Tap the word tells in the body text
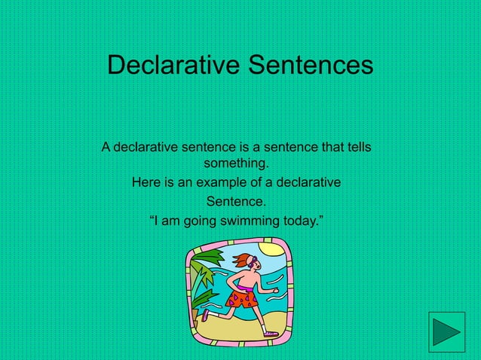click(355, 146)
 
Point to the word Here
click(146, 182)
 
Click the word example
click(222, 182)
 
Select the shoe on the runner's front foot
click(271, 332)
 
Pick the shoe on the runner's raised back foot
click(205, 315)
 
